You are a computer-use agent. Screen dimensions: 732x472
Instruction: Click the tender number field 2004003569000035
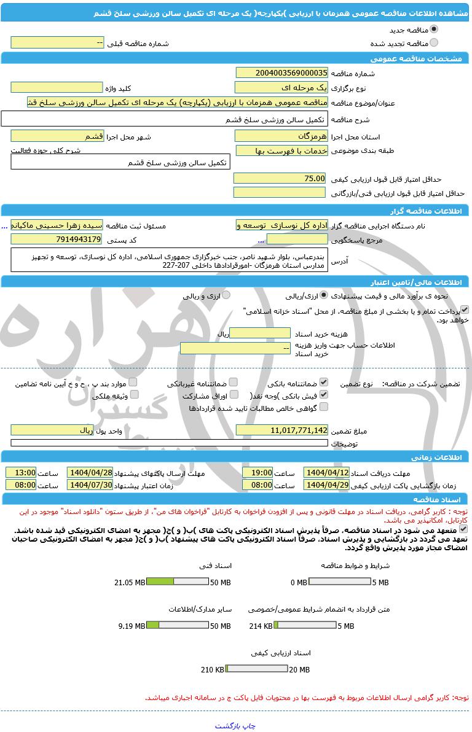282,73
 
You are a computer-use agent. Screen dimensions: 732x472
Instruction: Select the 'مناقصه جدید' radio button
435,29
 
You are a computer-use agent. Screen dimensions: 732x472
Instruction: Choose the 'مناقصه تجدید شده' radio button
435,42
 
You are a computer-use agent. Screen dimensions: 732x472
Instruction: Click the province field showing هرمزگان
282,136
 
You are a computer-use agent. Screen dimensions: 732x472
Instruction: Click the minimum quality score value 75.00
280,178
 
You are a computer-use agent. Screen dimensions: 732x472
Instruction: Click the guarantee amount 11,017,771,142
282,430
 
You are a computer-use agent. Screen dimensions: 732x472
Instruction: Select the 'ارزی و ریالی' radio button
226,295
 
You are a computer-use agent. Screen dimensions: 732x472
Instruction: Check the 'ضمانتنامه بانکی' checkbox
324,383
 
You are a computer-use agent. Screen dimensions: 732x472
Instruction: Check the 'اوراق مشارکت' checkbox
230,395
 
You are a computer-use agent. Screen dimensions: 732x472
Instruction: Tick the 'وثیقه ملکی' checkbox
134,395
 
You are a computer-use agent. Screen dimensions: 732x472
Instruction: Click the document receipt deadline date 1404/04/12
326,473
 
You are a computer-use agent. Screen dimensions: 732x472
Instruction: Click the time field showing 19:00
258,473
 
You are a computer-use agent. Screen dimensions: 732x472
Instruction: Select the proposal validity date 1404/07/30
90,485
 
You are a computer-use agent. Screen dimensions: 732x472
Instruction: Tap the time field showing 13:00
21,473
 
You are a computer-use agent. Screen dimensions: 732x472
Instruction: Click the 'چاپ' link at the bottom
250,725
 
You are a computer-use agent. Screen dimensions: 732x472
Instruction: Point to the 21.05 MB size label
130,582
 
